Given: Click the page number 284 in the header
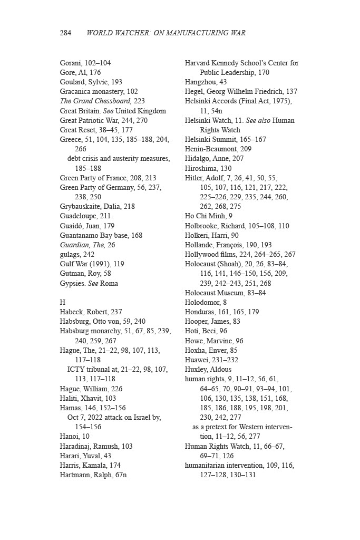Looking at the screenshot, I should point(65,33).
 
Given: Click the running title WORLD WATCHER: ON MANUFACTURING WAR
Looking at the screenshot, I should point(166,33).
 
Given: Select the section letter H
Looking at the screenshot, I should point(63,303).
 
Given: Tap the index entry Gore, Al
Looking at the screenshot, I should point(80,72).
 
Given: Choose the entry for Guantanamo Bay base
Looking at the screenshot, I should point(101,235).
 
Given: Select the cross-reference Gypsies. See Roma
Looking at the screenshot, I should point(89,283).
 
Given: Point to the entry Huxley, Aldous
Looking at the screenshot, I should point(208,370).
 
